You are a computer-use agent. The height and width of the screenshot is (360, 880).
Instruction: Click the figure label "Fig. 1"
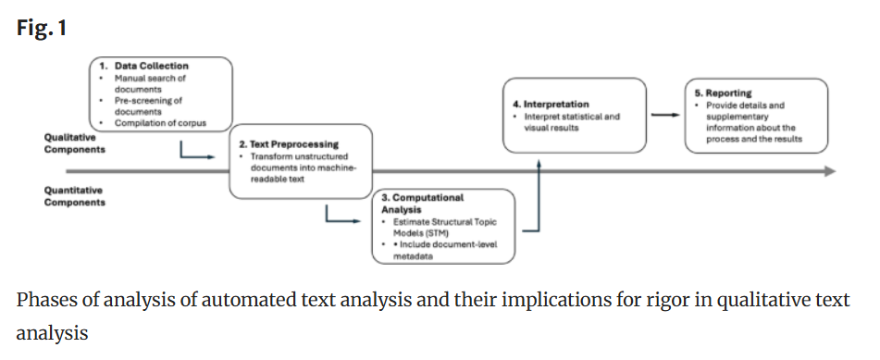coord(41,28)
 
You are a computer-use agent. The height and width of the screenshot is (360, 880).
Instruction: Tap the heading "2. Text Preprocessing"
coord(289,144)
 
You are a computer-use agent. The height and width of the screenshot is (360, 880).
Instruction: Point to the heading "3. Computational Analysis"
coord(422,204)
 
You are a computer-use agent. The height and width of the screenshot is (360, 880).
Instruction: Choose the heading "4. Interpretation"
coord(551,105)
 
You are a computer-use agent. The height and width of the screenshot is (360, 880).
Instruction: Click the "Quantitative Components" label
coord(74,196)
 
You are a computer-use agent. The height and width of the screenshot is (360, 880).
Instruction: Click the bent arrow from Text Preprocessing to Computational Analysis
coord(341,217)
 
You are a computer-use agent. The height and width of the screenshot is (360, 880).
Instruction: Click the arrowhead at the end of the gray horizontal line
coord(829,171)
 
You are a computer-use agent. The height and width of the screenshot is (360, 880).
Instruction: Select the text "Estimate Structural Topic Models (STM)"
coord(433,228)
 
